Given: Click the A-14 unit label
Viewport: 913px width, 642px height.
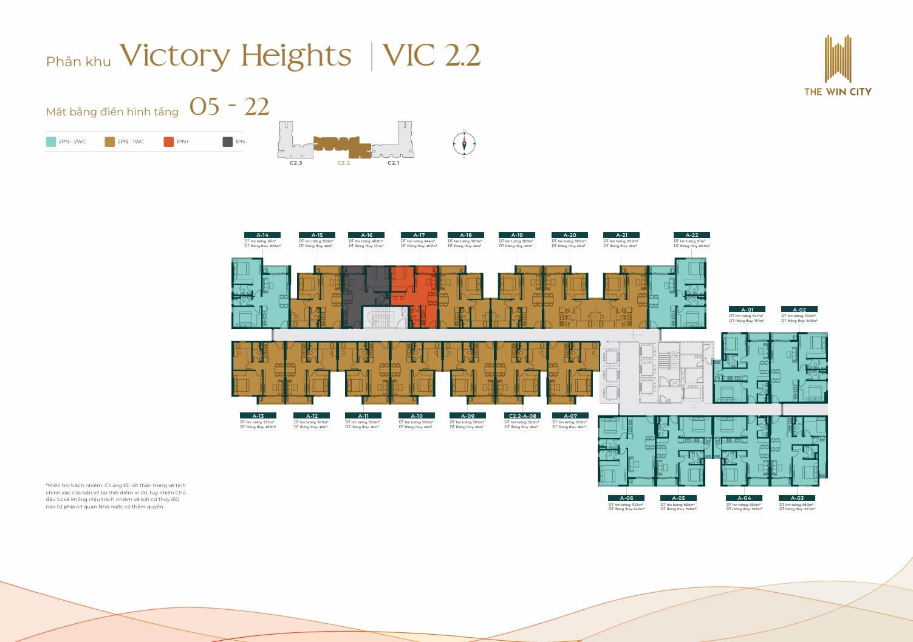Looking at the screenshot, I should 262,235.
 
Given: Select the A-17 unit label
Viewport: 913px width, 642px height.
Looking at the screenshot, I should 419,235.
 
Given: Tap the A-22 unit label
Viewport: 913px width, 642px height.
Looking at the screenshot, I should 692,235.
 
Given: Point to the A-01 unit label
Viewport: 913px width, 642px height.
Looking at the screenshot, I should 747,310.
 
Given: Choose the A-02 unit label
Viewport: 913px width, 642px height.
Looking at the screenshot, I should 799,310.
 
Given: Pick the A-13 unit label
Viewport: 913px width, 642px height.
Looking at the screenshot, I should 258,416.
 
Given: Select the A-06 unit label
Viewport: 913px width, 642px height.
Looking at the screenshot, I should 626,498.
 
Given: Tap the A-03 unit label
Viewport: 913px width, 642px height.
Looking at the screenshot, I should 797,498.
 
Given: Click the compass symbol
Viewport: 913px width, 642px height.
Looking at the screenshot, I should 464,144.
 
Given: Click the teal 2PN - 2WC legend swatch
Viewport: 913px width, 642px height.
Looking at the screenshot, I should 51,142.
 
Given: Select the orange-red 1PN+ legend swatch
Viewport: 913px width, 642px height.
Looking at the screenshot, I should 169,142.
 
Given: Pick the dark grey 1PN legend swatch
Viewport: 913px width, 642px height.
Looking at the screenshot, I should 228,142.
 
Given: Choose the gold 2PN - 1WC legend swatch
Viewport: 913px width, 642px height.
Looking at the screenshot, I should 110,142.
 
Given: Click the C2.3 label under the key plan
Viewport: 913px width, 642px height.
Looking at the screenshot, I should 296,163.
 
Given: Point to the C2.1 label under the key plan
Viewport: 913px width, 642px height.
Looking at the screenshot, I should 394,163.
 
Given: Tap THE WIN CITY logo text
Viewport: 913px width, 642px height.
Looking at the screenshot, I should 838,92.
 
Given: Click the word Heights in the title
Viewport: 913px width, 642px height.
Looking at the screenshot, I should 296,56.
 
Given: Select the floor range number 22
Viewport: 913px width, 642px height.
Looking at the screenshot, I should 256,107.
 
